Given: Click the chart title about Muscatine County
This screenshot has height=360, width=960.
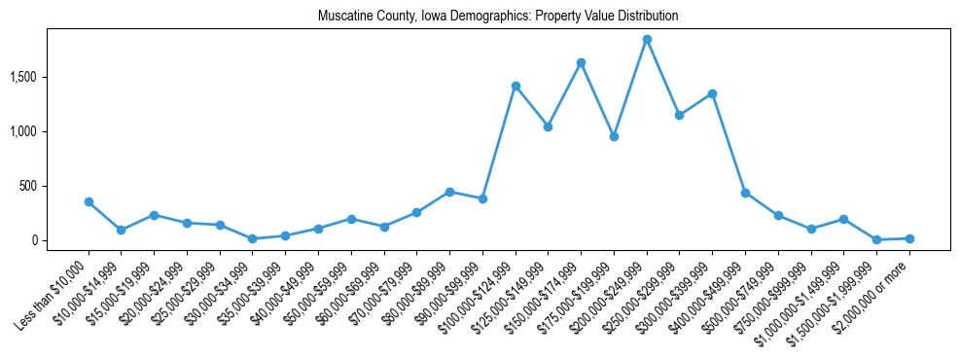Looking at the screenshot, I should [x=497, y=17].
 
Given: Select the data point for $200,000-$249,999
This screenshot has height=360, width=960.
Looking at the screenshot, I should [x=647, y=39].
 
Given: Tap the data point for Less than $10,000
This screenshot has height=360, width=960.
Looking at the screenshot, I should [x=89, y=201].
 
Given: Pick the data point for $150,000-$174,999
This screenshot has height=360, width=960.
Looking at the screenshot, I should [x=581, y=62].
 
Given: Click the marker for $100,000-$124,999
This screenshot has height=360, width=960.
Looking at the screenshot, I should [x=516, y=86].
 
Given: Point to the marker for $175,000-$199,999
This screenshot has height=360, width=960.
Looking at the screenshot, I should [x=614, y=136].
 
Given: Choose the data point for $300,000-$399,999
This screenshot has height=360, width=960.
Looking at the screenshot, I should [x=712, y=93].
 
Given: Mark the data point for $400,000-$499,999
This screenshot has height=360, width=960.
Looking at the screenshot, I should [x=745, y=193].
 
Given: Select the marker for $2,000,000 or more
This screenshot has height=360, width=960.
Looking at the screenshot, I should [x=909, y=238].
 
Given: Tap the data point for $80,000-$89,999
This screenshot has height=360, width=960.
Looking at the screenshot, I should [x=449, y=192].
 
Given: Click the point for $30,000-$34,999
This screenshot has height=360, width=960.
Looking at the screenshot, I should [x=252, y=238].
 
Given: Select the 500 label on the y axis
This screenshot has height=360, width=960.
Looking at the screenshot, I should [x=54, y=186].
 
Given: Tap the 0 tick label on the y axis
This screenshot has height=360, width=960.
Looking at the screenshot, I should [x=59, y=240].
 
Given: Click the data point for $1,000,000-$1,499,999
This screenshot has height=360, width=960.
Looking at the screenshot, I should [x=843, y=219].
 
